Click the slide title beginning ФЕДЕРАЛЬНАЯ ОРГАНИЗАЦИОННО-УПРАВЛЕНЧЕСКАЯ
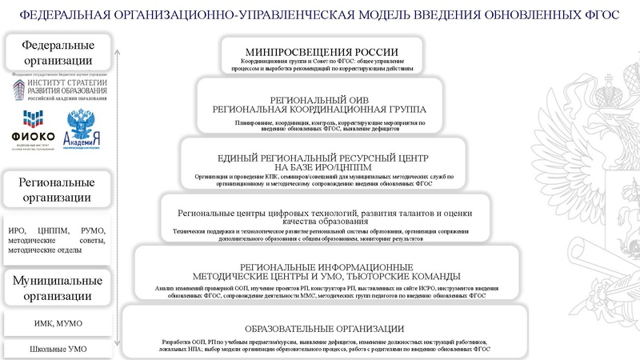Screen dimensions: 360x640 click(319, 14)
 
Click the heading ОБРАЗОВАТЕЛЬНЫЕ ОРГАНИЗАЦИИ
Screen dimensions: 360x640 click(323, 329)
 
